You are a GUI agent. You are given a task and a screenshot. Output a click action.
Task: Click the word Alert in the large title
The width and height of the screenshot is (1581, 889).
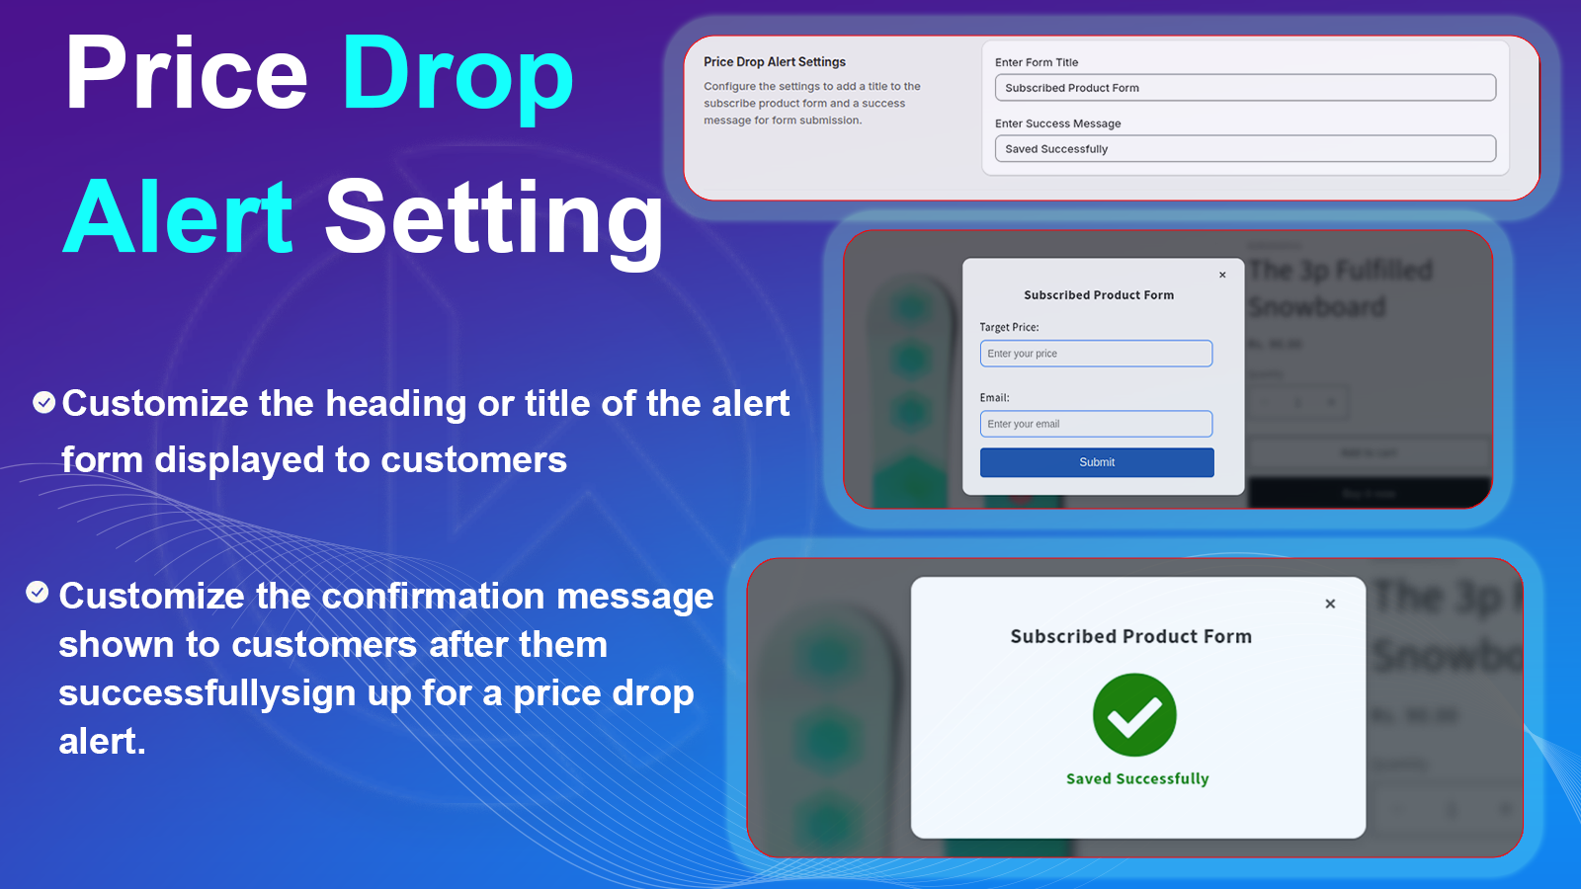tap(179, 217)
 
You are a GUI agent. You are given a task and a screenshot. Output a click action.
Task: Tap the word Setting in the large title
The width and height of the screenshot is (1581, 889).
tap(494, 217)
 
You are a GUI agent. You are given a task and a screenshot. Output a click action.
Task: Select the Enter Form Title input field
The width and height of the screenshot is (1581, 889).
tap(1245, 88)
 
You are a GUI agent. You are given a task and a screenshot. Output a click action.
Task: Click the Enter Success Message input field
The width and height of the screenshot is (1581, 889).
tap(1245, 149)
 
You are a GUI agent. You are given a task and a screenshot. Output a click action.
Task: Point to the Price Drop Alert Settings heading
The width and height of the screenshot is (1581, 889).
tap(775, 61)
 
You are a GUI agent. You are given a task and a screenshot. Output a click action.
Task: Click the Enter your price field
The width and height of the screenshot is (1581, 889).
tap(1096, 354)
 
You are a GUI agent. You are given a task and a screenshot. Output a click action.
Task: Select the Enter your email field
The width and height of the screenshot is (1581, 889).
tap(1096, 424)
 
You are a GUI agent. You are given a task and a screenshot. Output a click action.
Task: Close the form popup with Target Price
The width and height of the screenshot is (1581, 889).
tap(1222, 275)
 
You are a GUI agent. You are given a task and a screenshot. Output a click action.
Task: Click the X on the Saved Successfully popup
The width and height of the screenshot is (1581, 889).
tap(1330, 604)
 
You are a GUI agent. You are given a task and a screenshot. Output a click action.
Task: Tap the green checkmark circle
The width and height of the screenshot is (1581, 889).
tap(1134, 715)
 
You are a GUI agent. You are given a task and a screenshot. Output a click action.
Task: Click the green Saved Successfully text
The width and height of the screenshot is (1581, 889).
tap(1137, 778)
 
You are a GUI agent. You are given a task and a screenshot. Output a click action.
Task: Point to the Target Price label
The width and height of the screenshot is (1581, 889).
tap(1009, 327)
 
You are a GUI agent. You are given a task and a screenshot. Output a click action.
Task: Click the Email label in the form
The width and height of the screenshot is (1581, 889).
tap(994, 397)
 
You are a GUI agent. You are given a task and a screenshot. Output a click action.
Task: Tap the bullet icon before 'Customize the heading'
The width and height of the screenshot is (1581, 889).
tap(43, 402)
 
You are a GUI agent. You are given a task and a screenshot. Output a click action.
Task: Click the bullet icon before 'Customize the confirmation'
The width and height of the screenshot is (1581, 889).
tap(38, 592)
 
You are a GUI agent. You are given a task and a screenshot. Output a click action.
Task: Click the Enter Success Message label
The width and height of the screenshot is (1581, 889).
tap(1057, 123)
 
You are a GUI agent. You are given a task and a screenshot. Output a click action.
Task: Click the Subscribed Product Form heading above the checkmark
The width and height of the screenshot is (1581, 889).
tap(1130, 636)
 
